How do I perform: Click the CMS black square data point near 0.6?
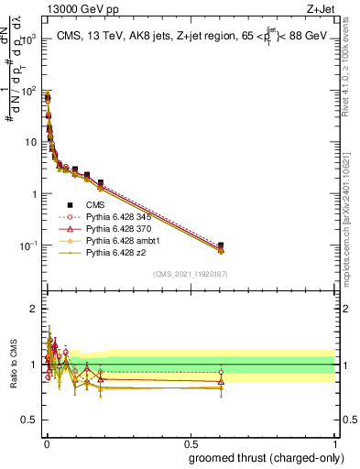click(x=221, y=245)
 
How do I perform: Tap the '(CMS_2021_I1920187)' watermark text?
click(x=190, y=273)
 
